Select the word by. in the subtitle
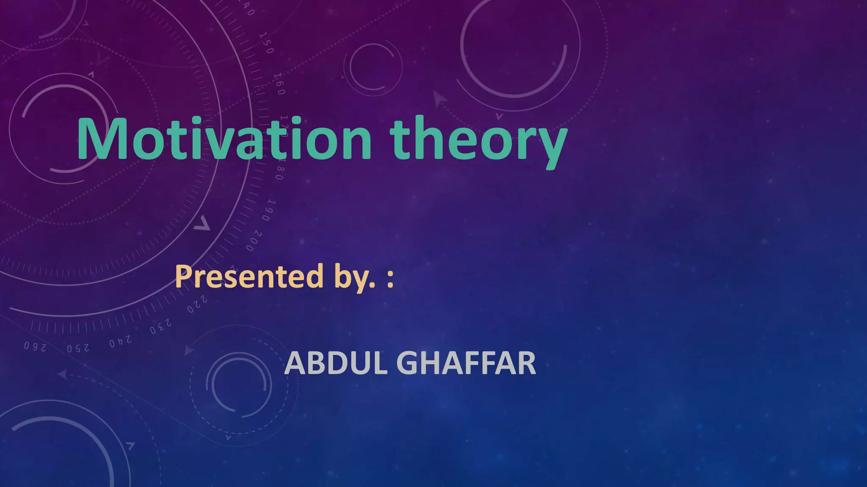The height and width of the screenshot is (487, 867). pyautogui.click(x=354, y=278)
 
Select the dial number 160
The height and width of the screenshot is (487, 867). pyautogui.click(x=279, y=84)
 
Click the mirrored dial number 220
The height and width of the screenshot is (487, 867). pyautogui.click(x=197, y=305)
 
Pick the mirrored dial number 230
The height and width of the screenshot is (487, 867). pyautogui.click(x=161, y=327)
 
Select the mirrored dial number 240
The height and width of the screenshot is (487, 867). pyautogui.click(x=120, y=342)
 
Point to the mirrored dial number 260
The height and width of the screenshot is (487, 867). pyautogui.click(x=35, y=347)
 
